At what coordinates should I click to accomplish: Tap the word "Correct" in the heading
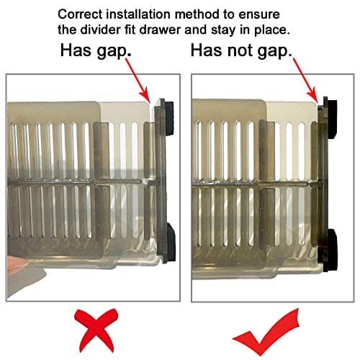coord(80,14)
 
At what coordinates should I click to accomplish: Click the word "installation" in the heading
coord(139,14)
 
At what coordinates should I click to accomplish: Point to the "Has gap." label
coord(96,50)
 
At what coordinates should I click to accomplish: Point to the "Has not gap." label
coord(241,50)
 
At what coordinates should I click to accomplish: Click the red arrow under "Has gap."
coord(138,81)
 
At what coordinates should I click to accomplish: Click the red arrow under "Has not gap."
coord(305,81)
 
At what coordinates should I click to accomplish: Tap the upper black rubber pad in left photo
coord(169,118)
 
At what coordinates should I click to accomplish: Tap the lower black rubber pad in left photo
coord(171,242)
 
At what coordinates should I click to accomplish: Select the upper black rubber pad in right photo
coord(332,120)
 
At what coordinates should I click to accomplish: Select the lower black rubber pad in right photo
coord(333,250)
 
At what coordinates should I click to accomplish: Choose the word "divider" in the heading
coord(101,30)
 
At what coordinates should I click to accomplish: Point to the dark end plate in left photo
coord(161,181)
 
